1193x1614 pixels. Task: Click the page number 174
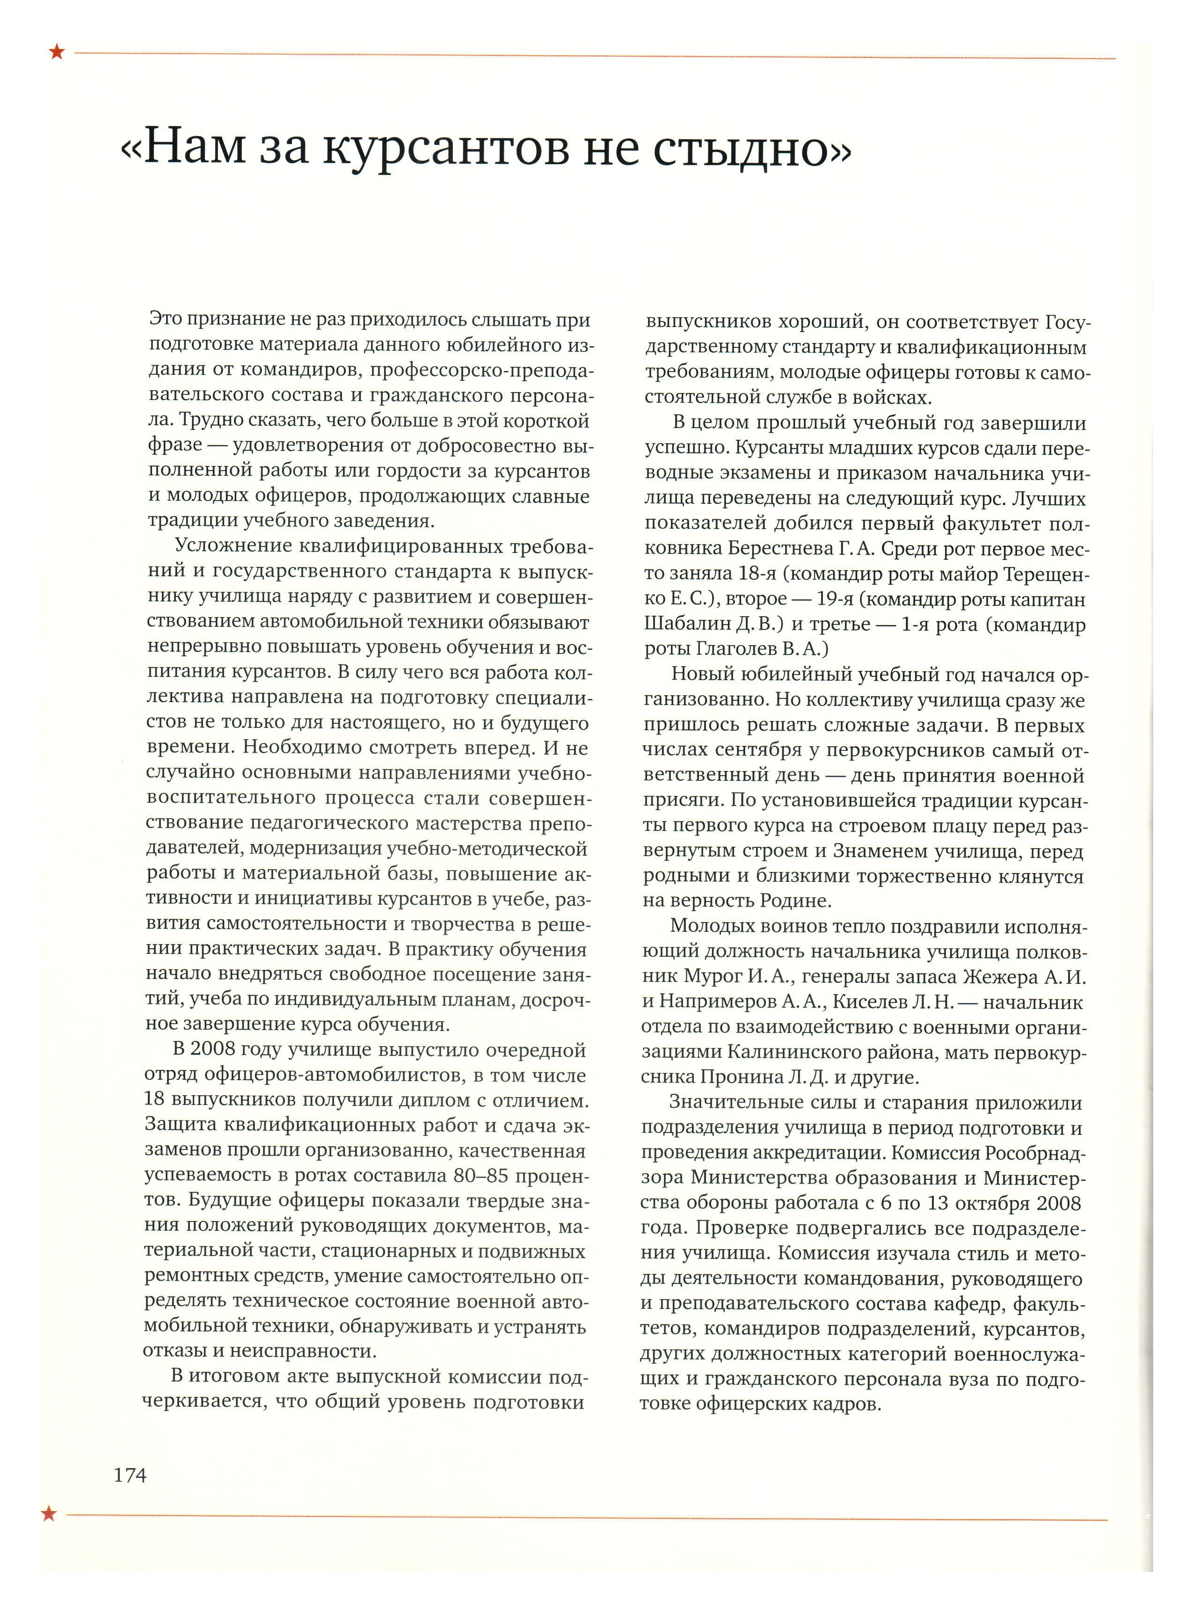pos(130,1476)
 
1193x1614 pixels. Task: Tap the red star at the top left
pos(56,51)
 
